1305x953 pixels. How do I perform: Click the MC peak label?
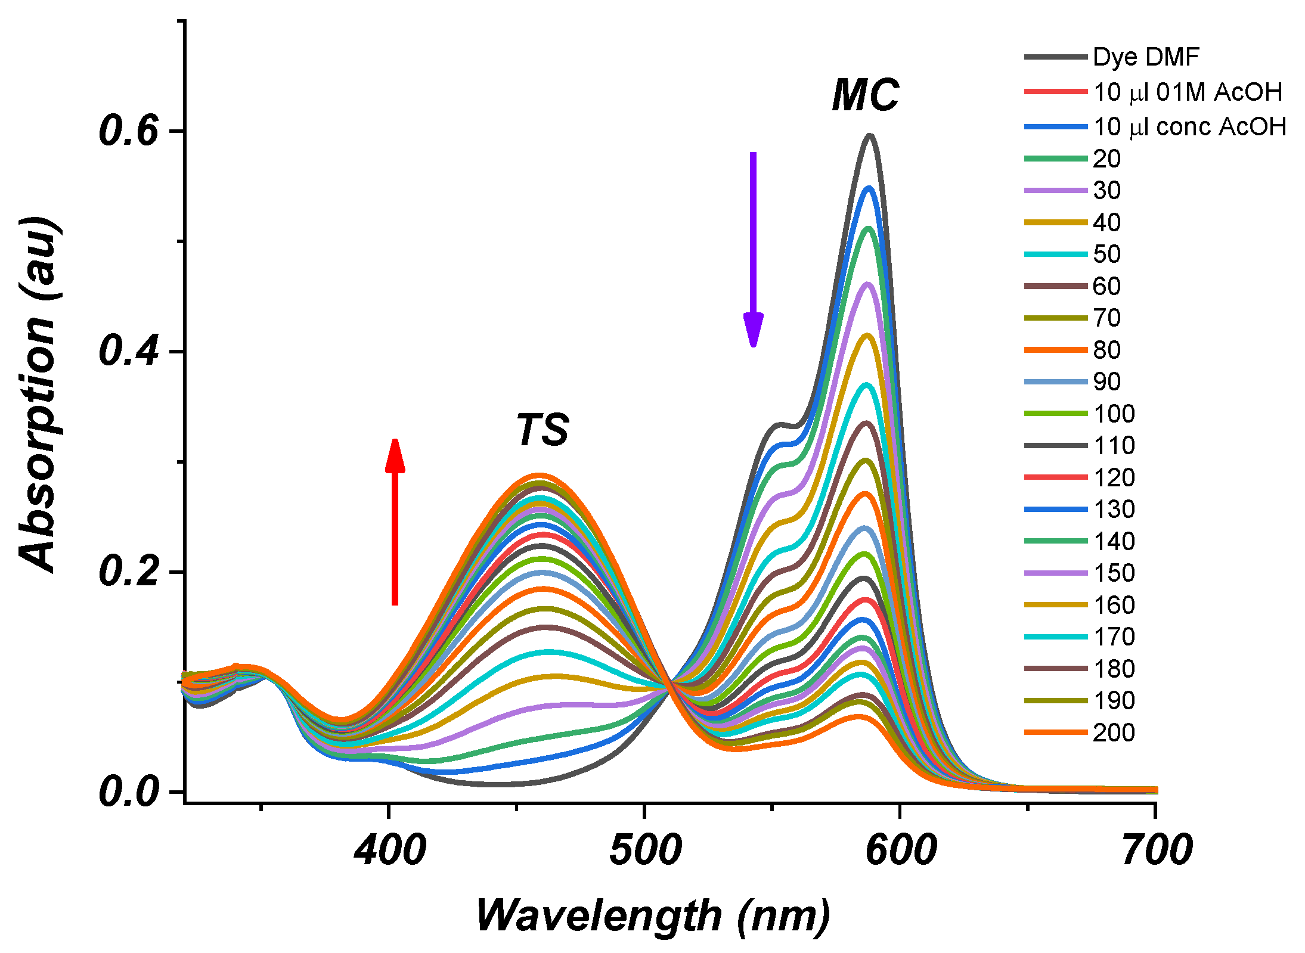(x=865, y=96)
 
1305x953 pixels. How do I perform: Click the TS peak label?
(x=542, y=430)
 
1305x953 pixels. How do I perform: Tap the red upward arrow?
(x=395, y=521)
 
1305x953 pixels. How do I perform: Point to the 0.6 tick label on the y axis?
(x=129, y=131)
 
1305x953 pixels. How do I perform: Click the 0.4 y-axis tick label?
(x=129, y=351)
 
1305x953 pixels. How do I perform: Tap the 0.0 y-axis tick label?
(x=129, y=792)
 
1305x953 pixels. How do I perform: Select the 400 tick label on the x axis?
(x=389, y=850)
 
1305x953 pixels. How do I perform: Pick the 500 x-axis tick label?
(x=645, y=850)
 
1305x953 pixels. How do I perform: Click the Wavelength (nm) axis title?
(x=653, y=915)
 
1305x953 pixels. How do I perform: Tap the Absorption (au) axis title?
(x=37, y=393)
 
